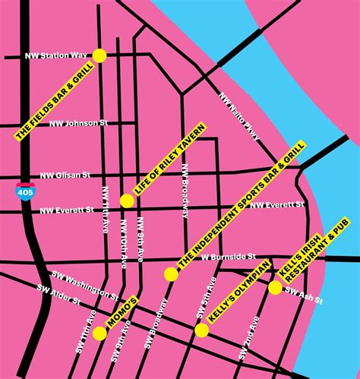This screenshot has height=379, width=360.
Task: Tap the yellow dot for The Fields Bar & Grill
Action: click(99, 55)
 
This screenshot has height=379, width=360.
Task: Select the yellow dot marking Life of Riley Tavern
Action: click(127, 201)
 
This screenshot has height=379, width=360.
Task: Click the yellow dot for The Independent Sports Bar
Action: click(171, 274)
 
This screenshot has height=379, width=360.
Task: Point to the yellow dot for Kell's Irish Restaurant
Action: click(275, 288)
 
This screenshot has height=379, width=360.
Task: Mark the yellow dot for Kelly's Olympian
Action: click(201, 330)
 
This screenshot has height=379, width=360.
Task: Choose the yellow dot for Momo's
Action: click(99, 333)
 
